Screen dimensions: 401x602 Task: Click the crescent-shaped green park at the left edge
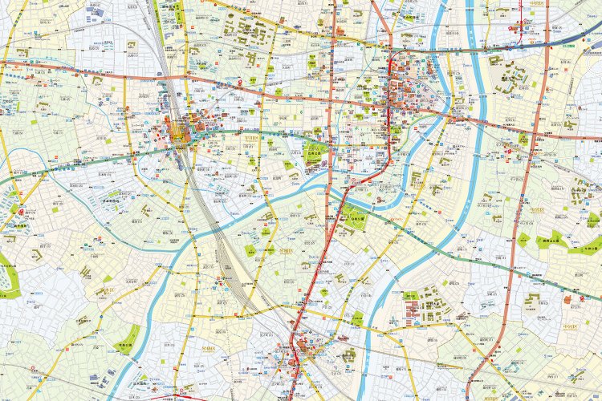coord(9,277)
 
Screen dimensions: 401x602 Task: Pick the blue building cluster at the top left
coord(90,10)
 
